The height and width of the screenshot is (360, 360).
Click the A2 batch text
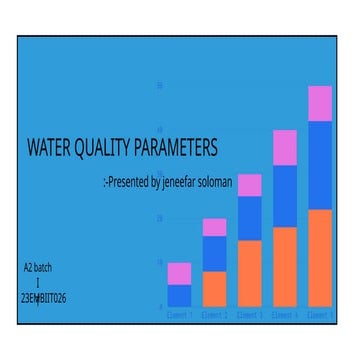(38, 268)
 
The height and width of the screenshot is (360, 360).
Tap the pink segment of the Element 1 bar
(179, 273)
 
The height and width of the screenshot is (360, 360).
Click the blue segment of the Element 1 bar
(179, 295)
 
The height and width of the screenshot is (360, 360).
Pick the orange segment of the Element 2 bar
(214, 289)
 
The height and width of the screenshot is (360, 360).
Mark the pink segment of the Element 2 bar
(214, 227)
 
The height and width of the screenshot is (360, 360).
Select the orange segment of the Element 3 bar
(250, 273)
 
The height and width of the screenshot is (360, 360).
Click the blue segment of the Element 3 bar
(250, 218)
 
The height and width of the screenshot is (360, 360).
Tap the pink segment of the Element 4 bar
(285, 147)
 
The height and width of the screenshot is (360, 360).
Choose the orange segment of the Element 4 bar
(285, 267)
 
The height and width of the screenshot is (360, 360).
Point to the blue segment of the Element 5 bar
(320, 165)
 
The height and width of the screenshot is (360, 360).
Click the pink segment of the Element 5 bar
(320, 103)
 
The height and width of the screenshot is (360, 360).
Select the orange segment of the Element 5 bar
(320, 258)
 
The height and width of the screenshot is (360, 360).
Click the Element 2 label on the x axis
(214, 314)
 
